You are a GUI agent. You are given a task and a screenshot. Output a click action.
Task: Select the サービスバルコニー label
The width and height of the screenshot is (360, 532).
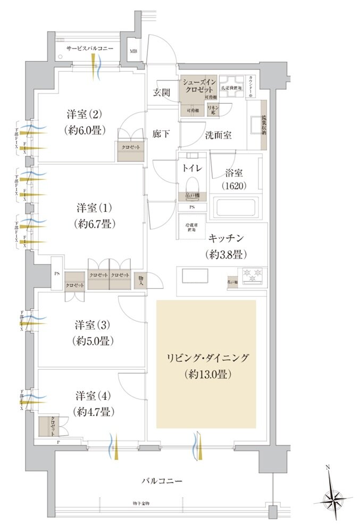pyautogui.click(x=90, y=48)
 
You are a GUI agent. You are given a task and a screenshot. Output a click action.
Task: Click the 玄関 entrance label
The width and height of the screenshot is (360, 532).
pyautogui.click(x=162, y=92)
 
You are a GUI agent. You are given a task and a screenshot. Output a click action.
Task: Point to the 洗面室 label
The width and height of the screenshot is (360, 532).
pyautogui.click(x=219, y=135)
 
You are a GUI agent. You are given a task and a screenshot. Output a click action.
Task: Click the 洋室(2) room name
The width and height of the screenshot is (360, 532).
pyautogui.click(x=85, y=114)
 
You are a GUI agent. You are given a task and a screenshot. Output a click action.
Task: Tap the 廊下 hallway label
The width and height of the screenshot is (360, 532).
pyautogui.click(x=161, y=134)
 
